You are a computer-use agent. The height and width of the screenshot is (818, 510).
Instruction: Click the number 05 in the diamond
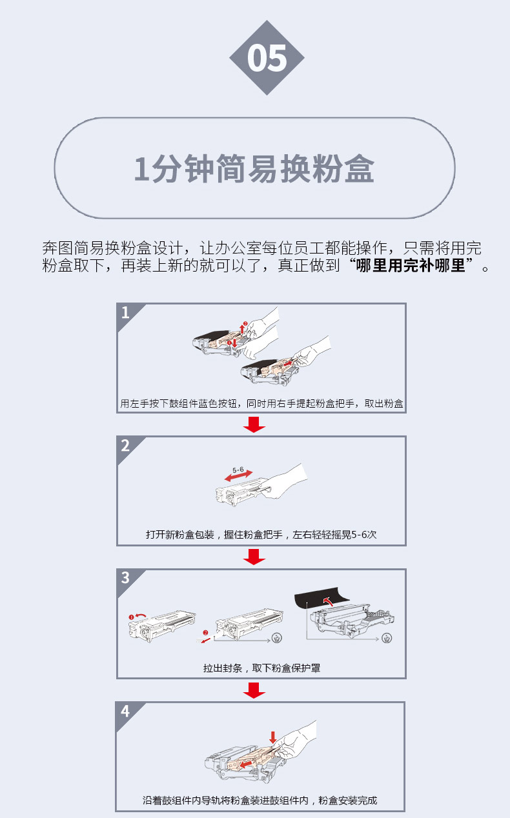[267, 58]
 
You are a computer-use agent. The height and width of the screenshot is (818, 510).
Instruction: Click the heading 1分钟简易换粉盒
[254, 168]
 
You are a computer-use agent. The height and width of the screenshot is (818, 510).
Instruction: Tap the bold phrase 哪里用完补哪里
[411, 266]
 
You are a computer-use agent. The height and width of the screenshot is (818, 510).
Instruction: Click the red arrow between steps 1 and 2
[254, 424]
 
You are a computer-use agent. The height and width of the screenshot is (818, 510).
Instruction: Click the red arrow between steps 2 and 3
[254, 557]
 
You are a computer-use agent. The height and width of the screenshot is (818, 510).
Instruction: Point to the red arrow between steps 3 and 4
[254, 690]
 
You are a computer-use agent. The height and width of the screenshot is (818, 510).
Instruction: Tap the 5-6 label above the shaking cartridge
[238, 470]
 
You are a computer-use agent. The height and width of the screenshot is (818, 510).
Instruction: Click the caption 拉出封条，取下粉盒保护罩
[261, 668]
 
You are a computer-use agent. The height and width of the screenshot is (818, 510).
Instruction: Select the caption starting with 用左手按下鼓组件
[261, 404]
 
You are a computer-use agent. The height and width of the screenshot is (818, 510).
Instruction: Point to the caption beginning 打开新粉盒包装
[261, 535]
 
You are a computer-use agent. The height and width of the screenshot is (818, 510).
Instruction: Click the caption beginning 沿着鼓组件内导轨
[260, 801]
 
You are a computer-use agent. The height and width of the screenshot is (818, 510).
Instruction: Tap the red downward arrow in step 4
[273, 737]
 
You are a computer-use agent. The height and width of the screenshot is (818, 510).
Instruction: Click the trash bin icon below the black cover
[387, 638]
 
